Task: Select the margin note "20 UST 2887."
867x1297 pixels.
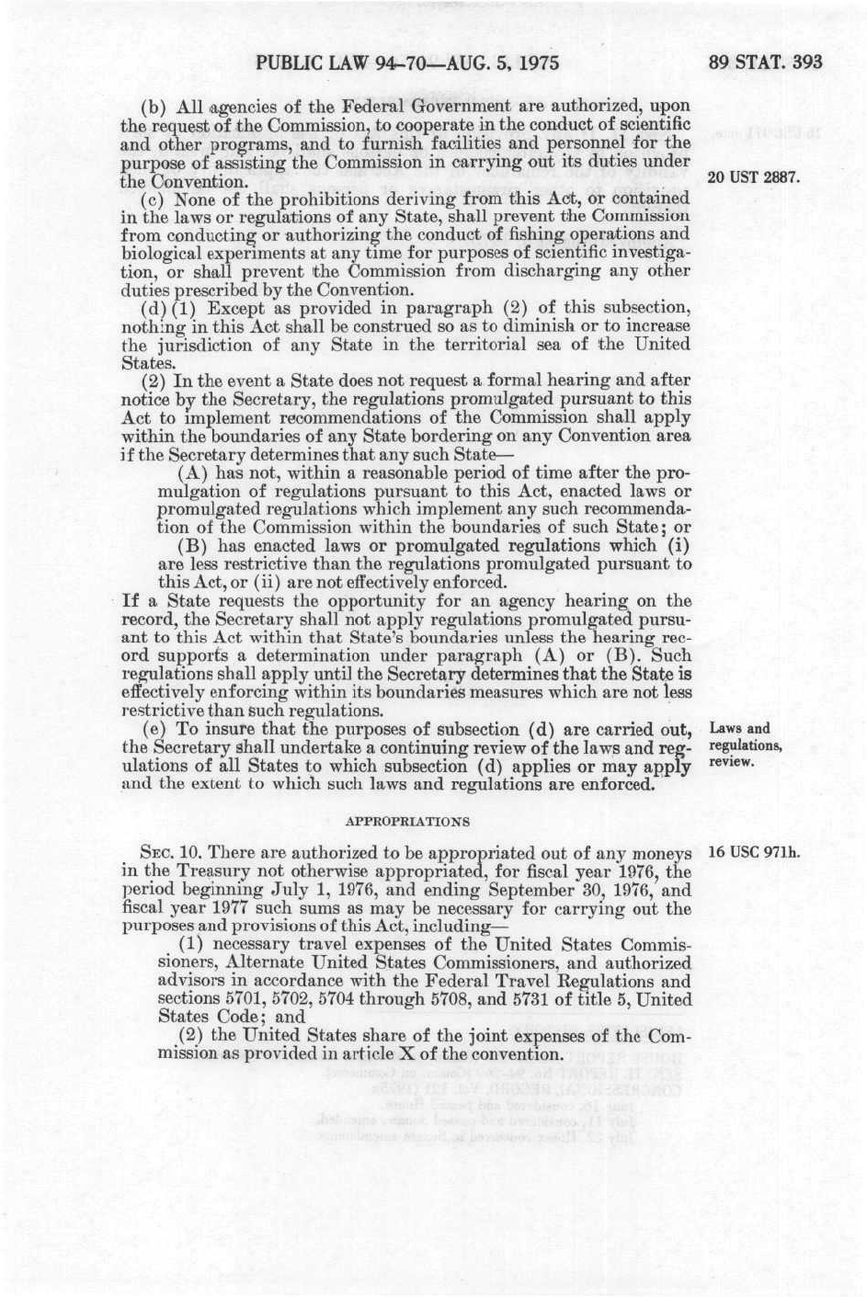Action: pos(752,176)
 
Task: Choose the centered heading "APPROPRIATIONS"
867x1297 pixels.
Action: pos(406,821)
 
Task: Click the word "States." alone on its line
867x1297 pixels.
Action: pos(142,363)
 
